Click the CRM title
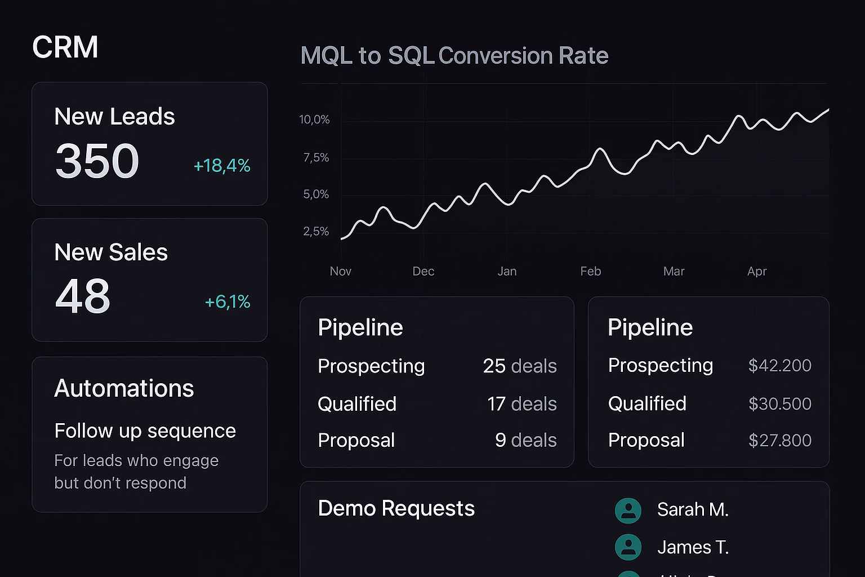coord(65,47)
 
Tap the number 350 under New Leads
coord(97,162)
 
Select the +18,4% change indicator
coord(222,166)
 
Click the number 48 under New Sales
coord(82,297)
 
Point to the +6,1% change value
coord(228,302)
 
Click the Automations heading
coord(124,389)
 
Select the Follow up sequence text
coord(145,431)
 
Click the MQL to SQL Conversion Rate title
coord(454,56)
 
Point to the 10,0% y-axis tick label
coord(314,119)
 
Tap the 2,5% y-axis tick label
coord(316,232)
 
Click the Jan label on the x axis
coord(507,272)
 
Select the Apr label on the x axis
coord(757,272)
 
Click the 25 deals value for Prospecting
coord(519,366)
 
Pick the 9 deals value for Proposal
coord(525,440)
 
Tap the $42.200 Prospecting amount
coord(779,366)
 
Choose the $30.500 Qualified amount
coord(779,404)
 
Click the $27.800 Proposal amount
coord(779,441)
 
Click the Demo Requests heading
coord(396,509)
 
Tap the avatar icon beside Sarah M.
coord(628,511)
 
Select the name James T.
coord(693,548)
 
